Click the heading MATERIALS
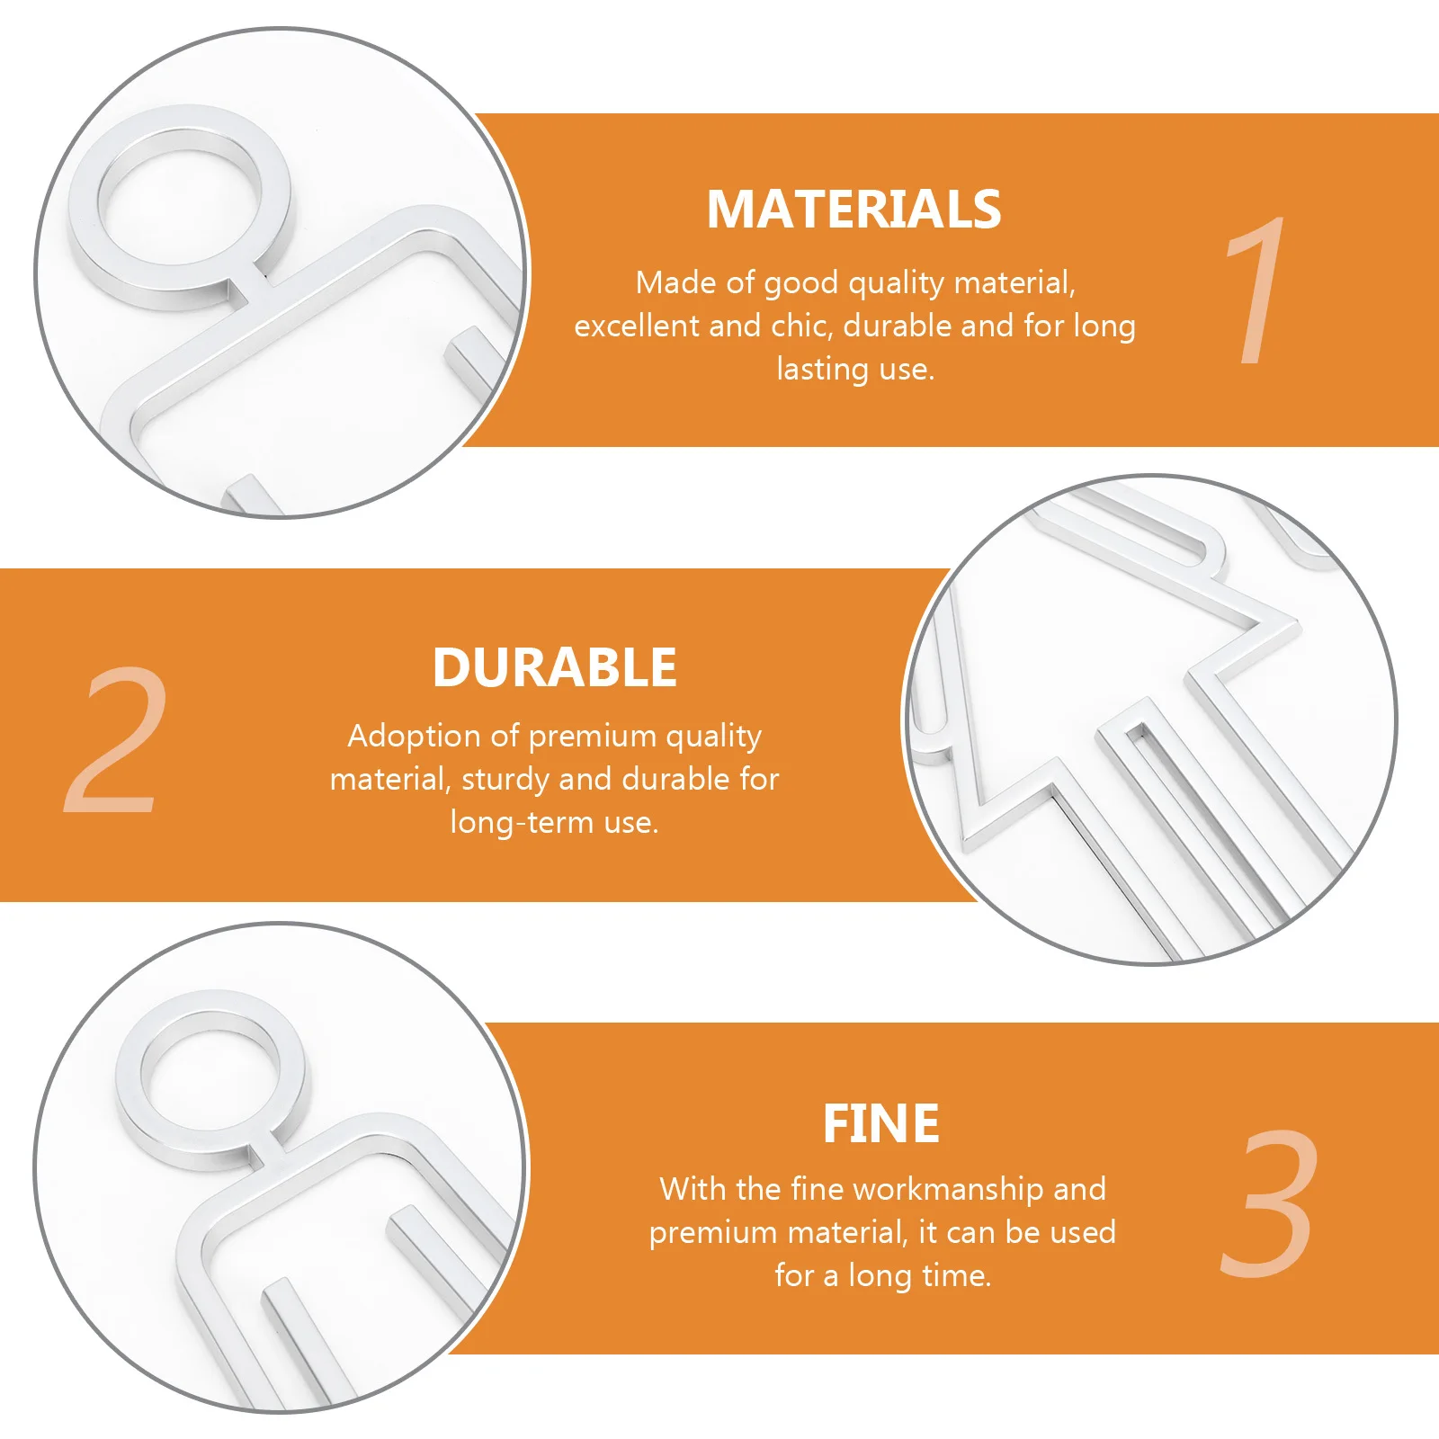pos(854,210)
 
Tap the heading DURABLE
pos(554,667)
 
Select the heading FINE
pos(880,1124)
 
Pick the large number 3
pos(1270,1202)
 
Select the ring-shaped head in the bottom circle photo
pos(211,1079)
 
